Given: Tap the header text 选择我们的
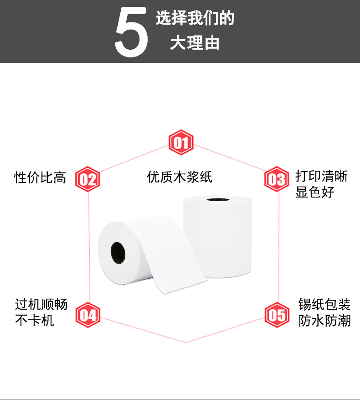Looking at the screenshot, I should [195, 19].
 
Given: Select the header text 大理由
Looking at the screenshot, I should [195, 43].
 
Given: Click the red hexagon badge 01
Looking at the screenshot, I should [181, 143].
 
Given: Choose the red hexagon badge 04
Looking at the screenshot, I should [87, 315].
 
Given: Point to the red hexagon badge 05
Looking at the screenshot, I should [277, 315].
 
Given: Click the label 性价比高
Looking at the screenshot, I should [40, 177].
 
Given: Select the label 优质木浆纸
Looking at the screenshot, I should [180, 177].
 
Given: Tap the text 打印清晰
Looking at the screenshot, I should [321, 176].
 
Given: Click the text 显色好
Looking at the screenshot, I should [315, 192].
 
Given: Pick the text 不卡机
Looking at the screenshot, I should [34, 320].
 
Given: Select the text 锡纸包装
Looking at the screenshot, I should [324, 304].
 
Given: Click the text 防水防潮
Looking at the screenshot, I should [324, 320].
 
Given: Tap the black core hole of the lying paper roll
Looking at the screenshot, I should [118, 253].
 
